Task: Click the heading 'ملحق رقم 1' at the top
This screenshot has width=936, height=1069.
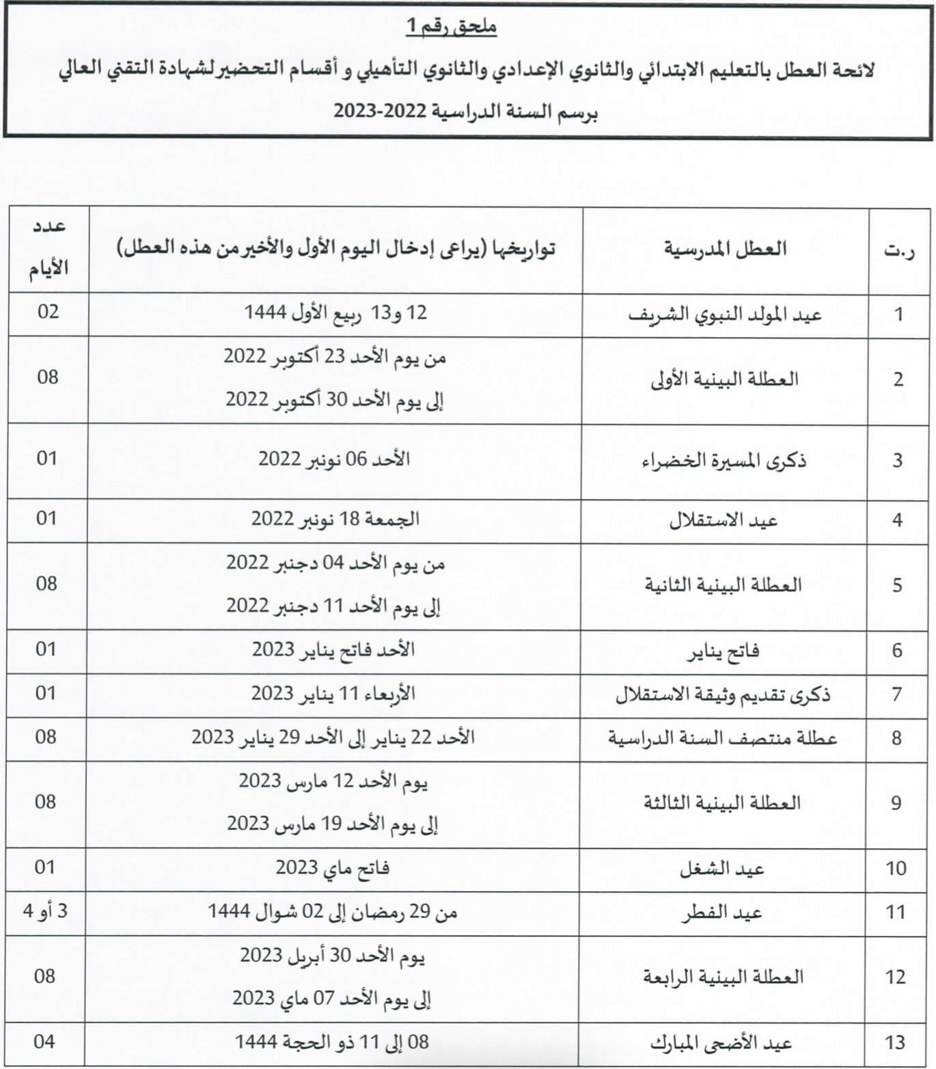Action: click(451, 27)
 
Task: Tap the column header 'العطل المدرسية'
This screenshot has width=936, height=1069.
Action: click(725, 249)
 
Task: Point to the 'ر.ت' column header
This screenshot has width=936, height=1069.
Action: click(898, 251)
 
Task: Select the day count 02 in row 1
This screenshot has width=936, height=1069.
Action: click(48, 312)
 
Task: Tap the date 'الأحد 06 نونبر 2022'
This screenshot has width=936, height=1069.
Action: click(334, 459)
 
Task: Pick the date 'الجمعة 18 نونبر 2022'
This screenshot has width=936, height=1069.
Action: click(335, 519)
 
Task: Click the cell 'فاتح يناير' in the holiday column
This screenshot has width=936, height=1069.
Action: click(723, 650)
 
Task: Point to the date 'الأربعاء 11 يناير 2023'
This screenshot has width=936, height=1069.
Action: click(333, 694)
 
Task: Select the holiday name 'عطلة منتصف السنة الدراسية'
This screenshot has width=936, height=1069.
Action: click(722, 738)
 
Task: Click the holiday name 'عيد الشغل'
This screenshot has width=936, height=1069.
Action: click(721, 869)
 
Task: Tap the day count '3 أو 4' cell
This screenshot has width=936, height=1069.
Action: click(45, 911)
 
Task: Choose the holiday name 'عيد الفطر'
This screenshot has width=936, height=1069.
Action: click(721, 912)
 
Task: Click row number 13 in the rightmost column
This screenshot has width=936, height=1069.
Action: click(895, 1043)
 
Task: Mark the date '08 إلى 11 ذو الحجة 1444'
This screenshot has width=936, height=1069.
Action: click(332, 1042)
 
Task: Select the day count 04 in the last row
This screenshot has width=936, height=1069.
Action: click(44, 1042)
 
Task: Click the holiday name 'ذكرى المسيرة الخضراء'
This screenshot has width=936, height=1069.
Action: click(724, 461)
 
